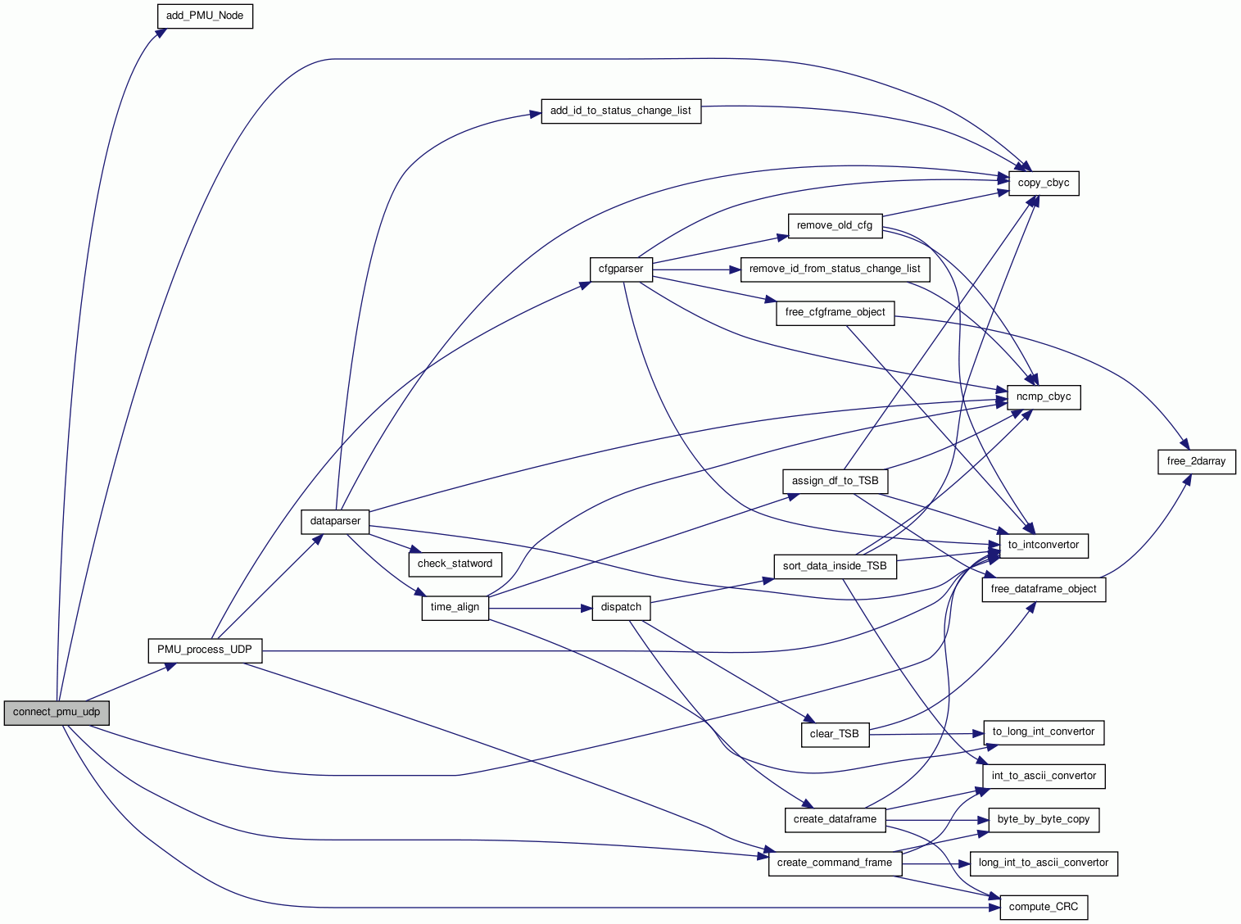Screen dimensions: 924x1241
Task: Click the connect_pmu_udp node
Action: [57, 712]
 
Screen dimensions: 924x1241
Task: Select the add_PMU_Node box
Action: [205, 16]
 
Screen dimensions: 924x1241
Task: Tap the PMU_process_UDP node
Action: [205, 650]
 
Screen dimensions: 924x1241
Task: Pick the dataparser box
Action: [335, 521]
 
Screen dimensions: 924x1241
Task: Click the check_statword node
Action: [455, 564]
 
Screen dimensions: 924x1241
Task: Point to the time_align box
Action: [455, 607]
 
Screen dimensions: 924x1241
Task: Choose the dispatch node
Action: [621, 607]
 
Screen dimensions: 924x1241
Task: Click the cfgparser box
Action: [621, 269]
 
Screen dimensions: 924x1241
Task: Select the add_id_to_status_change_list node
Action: [621, 111]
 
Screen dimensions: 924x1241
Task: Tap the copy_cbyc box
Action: [1044, 183]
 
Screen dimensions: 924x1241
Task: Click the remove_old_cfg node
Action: [835, 225]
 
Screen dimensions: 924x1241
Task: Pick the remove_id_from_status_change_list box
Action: [835, 269]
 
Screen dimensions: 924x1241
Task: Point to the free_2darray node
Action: [1196, 461]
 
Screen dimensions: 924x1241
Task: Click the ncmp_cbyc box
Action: [1044, 396]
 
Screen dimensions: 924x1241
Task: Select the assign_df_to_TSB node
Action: [835, 481]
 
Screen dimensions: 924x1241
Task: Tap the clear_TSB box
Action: [834, 734]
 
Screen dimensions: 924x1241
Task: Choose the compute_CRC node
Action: [1044, 907]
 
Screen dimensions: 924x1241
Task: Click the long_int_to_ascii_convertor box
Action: [1044, 863]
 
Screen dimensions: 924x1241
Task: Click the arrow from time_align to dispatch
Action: [541, 609]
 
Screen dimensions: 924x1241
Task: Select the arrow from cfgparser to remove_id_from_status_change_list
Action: [696, 269]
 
